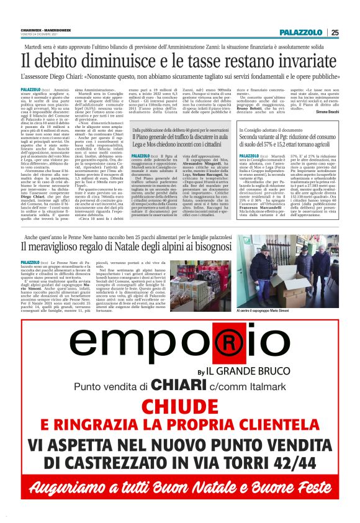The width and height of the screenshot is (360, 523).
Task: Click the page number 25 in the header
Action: (x=335, y=32)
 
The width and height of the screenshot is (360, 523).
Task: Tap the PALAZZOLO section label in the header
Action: (x=302, y=32)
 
